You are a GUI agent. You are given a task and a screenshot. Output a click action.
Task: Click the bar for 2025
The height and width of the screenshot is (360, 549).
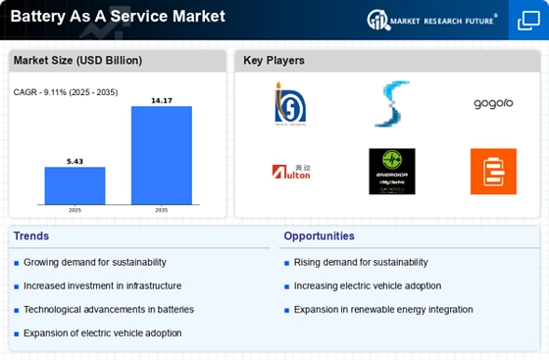[x=75, y=185]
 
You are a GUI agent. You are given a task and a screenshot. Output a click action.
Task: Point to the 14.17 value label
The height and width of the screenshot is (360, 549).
[x=161, y=99]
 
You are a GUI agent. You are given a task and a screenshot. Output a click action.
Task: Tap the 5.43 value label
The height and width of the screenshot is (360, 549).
[x=75, y=160]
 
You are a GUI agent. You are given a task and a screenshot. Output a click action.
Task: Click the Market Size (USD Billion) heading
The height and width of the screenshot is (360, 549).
[x=64, y=61]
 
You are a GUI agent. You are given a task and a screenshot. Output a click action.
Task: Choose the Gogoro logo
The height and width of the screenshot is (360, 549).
[x=492, y=104]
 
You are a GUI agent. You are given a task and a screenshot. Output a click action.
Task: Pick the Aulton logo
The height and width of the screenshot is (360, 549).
[x=290, y=172]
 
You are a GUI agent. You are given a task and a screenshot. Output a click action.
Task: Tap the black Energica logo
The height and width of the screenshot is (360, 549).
[x=391, y=172]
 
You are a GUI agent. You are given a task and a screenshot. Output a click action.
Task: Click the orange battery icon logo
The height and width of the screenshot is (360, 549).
[x=492, y=172]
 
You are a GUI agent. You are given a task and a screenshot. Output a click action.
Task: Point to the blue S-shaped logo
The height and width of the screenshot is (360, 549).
[x=391, y=104]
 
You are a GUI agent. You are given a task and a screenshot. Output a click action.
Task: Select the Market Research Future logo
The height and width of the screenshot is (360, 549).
[x=431, y=19]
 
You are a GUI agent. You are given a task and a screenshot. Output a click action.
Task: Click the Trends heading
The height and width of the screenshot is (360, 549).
[x=32, y=236]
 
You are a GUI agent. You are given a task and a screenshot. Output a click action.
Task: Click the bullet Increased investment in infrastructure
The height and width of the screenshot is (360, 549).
[x=103, y=285]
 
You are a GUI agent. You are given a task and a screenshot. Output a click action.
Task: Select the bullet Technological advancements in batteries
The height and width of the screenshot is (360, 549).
[x=109, y=309]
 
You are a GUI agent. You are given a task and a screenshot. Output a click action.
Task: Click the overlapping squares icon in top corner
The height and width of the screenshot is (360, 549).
[x=526, y=20]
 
